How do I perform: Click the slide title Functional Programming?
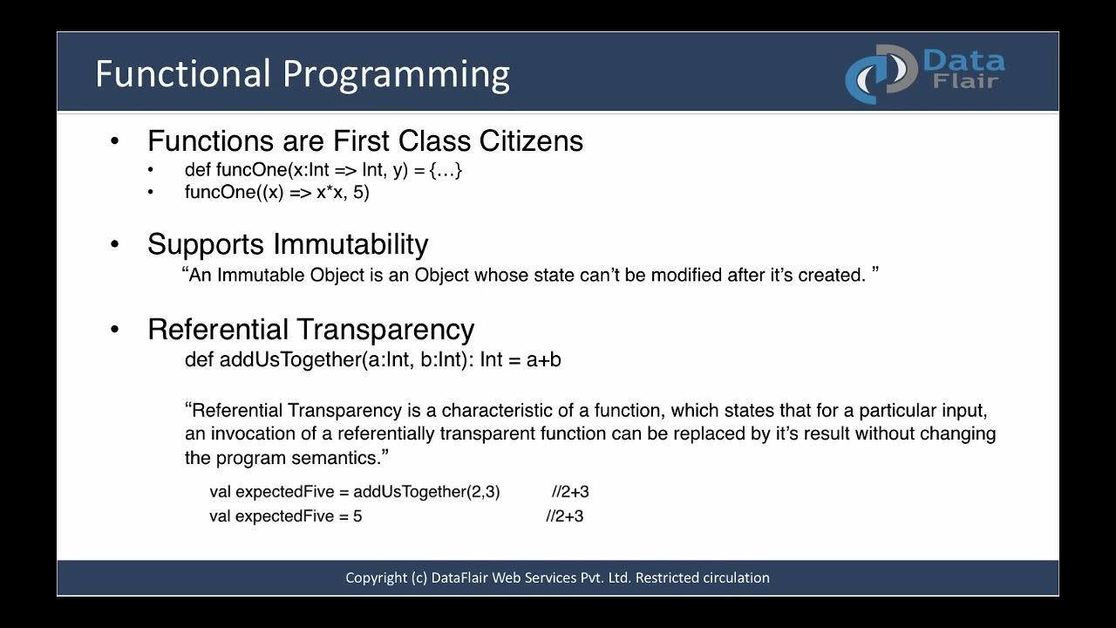pos(302,74)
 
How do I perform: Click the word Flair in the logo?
pos(965,82)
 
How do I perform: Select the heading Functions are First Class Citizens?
pos(365,141)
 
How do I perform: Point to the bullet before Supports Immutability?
pos(114,244)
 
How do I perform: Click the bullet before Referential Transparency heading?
pos(114,330)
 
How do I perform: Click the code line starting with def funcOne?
pos(323,170)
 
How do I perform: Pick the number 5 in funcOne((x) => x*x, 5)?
pos(361,193)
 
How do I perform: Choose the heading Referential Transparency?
pos(310,330)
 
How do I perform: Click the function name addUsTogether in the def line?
pos(289,359)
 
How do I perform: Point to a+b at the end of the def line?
pos(543,359)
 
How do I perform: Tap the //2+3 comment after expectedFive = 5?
pos(565,516)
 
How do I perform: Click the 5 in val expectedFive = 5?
pos(357,516)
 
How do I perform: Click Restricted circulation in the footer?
pos(703,577)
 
